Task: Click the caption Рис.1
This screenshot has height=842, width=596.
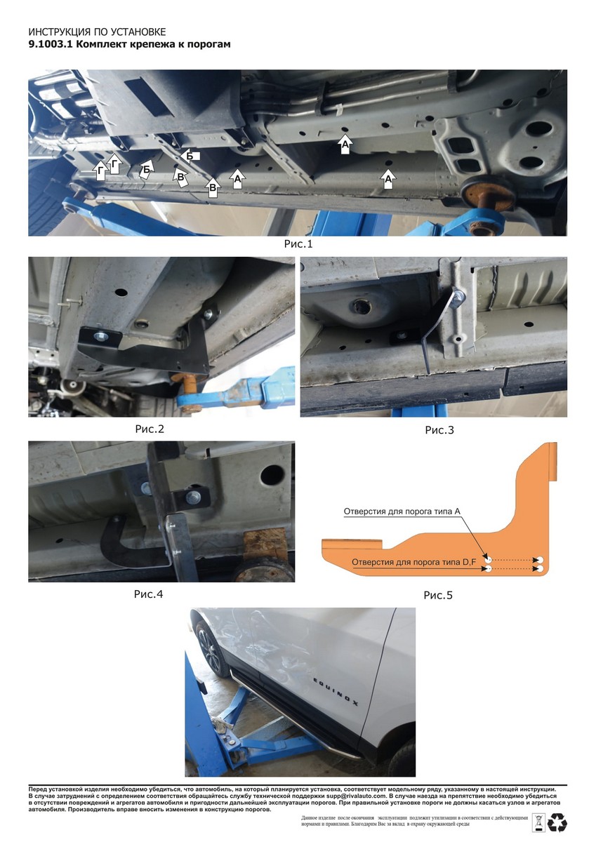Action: pos(298,244)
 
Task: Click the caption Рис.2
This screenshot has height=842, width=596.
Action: pos(150,429)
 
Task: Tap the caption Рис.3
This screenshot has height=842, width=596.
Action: pos(439,430)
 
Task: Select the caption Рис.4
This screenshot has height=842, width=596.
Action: pos(149,594)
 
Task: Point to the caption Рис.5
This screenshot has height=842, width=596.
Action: pos(438,596)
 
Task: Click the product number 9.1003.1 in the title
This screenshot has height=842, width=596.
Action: pos(52,44)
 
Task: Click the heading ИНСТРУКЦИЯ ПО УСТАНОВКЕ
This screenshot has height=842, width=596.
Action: pos(97,32)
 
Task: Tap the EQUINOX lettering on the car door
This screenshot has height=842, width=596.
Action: pos(336,692)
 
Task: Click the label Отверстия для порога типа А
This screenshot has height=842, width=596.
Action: pos(402,512)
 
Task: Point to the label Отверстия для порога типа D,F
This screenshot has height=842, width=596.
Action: pos(414,562)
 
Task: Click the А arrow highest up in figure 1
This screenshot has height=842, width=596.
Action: pos(345,144)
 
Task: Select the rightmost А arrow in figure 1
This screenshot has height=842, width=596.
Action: pos(388,179)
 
